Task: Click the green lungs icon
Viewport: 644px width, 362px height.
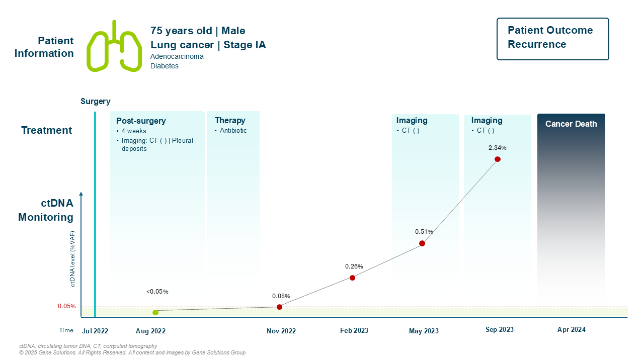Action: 114,46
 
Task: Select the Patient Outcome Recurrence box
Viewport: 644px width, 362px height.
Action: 552,39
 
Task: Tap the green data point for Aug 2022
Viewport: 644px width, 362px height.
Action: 155,312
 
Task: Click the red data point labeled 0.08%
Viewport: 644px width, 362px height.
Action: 279,307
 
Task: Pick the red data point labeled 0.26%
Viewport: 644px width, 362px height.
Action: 352,278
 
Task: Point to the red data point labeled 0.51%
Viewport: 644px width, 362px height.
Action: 422,243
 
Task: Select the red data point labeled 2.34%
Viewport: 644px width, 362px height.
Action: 498,159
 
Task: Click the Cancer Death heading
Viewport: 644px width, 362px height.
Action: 571,124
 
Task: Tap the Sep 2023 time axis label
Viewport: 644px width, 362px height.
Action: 500,330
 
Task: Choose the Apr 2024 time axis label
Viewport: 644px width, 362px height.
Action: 572,330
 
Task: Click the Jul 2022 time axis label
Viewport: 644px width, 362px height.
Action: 95,331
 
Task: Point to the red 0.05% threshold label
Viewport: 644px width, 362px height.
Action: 66,306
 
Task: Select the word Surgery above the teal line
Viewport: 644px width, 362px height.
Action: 95,102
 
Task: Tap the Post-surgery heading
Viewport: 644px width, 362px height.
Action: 141,121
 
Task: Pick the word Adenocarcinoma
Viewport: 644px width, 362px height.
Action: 177,56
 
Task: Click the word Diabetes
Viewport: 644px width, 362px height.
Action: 164,66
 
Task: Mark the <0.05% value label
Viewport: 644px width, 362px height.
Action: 157,292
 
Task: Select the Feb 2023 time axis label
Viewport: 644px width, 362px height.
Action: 354,330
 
